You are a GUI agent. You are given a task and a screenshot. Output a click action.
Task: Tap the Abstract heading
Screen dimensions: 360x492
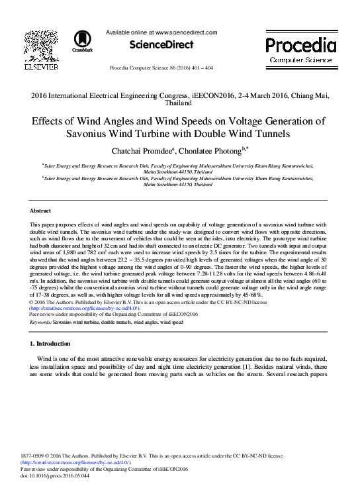coord(41,210)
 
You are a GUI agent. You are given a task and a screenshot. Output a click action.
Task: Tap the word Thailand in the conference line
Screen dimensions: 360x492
coord(180,103)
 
